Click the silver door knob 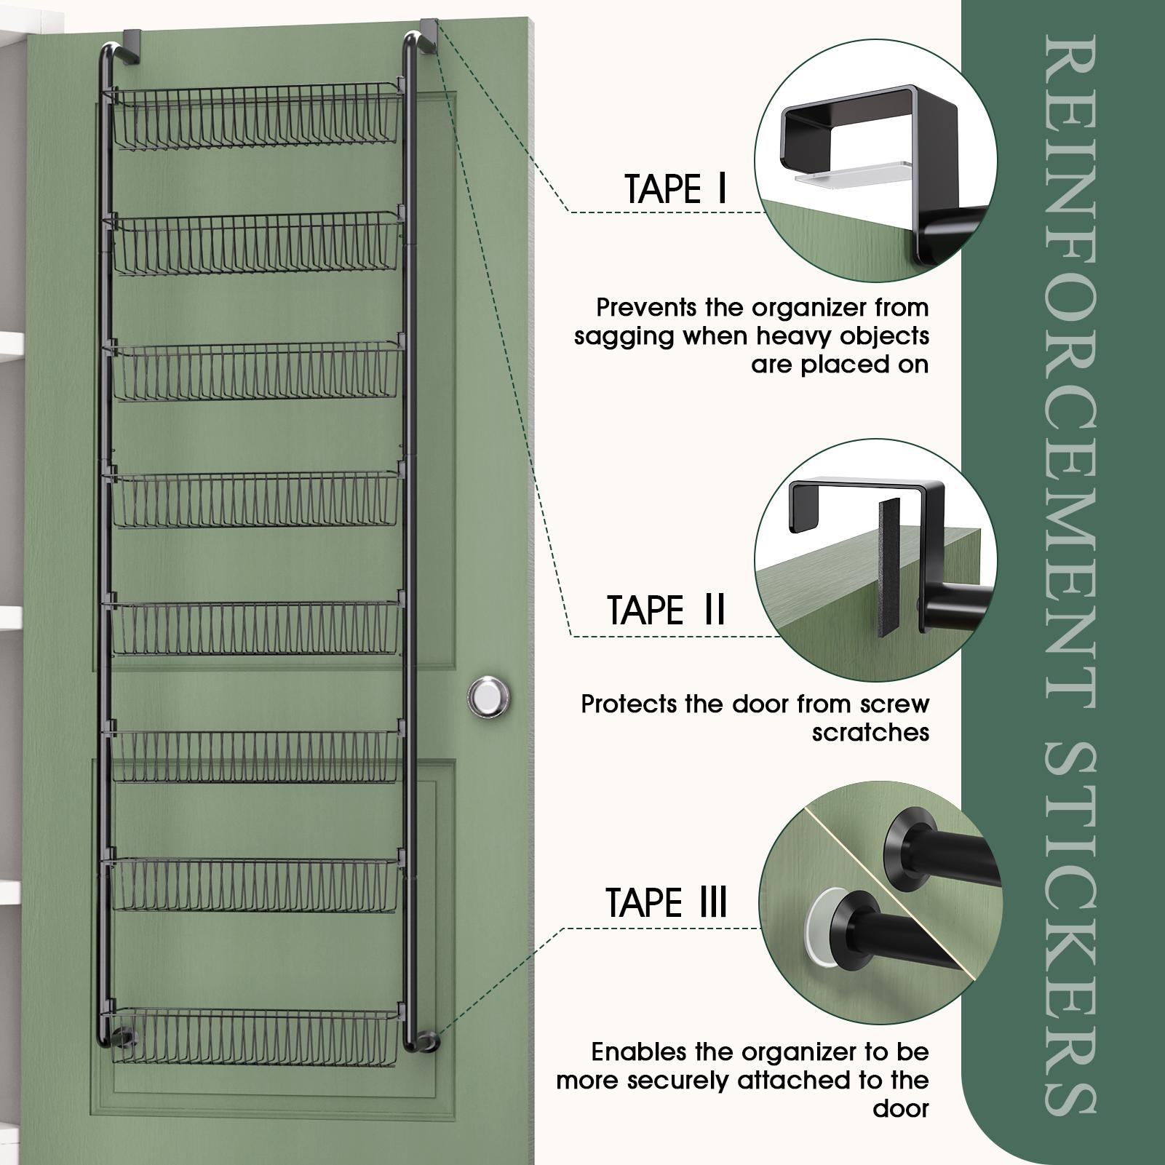488,696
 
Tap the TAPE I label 676,190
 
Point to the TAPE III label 667,903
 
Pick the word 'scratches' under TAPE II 870,732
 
